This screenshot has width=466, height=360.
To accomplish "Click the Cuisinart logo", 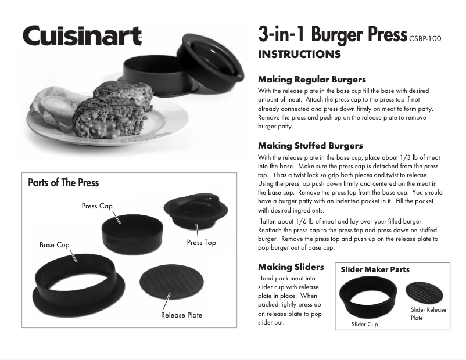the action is tap(82, 35).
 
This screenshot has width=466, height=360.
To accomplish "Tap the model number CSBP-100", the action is tap(425, 39).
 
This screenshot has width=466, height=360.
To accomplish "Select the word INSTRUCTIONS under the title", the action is tap(299, 55).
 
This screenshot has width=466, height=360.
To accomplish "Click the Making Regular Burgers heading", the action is tap(312, 80).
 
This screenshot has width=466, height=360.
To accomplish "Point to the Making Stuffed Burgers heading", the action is tap(310, 146).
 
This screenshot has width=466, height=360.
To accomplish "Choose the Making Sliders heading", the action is tap(291, 267).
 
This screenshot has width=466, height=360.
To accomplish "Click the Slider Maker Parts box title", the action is tap(375, 269).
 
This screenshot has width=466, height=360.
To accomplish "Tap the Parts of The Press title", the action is tap(63, 183).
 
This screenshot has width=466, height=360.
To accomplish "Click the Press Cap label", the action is tap(97, 206).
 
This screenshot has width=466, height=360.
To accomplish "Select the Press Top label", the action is tap(202, 243).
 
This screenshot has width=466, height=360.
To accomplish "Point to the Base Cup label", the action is tap(55, 245).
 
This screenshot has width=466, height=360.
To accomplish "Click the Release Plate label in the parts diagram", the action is tap(182, 315).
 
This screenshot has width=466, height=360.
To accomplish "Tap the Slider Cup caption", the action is tap(365, 325).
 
